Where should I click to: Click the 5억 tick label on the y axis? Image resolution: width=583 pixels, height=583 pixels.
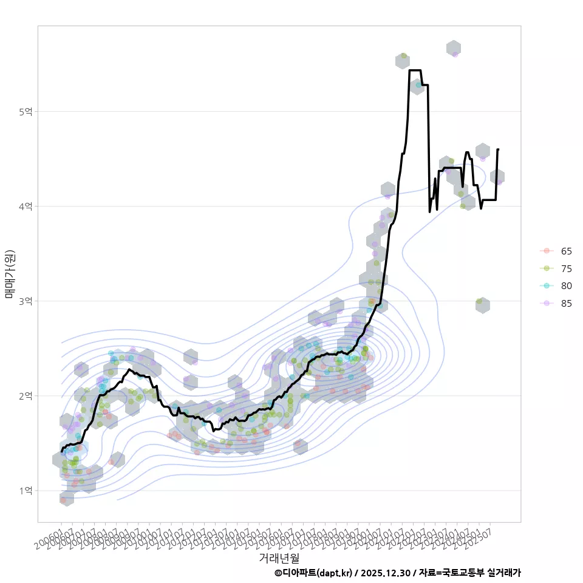pyautogui.click(x=26, y=112)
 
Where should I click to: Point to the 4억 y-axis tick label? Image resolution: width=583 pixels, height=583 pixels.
pyautogui.click(x=26, y=206)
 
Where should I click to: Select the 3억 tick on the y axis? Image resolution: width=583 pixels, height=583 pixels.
pyautogui.click(x=26, y=301)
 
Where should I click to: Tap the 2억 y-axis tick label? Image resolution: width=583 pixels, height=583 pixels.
pyautogui.click(x=26, y=396)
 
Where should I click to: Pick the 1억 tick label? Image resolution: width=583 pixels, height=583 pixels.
pyautogui.click(x=26, y=491)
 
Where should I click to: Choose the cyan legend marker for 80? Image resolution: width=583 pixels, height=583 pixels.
pyautogui.click(x=547, y=286)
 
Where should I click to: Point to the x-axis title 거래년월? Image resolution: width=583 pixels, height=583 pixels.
pyautogui.click(x=279, y=557)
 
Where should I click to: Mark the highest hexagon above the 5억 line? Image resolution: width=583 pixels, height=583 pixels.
pyautogui.click(x=454, y=49)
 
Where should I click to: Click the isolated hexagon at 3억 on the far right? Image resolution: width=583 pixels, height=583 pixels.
pyautogui.click(x=482, y=305)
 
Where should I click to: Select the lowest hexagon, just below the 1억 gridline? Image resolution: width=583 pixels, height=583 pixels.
pyautogui.click(x=67, y=499)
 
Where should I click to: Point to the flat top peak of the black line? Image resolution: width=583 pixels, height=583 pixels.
pyautogui.click(x=415, y=70)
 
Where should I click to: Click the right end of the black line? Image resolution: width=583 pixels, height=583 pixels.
pyautogui.click(x=498, y=149)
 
